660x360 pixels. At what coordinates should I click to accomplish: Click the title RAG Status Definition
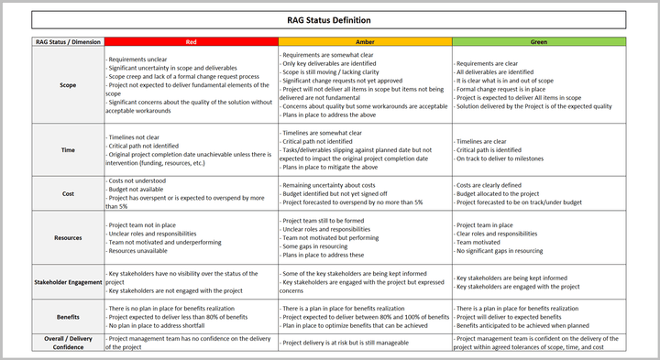click(329, 19)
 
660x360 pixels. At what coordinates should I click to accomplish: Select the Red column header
click(191, 42)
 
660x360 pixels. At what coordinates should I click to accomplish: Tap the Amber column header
click(365, 42)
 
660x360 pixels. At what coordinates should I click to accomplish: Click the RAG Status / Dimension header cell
click(68, 42)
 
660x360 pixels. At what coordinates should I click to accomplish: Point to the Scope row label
click(68, 85)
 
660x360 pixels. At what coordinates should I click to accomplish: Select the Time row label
click(68, 149)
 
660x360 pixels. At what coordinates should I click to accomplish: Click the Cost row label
click(68, 194)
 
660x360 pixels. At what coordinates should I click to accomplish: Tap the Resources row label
click(68, 238)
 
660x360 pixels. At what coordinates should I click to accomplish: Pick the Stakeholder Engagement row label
click(68, 282)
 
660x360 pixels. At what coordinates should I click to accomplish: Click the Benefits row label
click(68, 315)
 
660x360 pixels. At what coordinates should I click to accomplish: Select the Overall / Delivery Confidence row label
click(68, 343)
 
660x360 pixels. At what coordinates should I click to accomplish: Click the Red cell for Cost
click(191, 194)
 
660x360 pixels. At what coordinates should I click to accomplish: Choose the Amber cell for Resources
click(365, 238)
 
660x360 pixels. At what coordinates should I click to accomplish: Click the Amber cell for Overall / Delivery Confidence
click(365, 343)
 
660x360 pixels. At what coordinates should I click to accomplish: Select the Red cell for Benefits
click(191, 315)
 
